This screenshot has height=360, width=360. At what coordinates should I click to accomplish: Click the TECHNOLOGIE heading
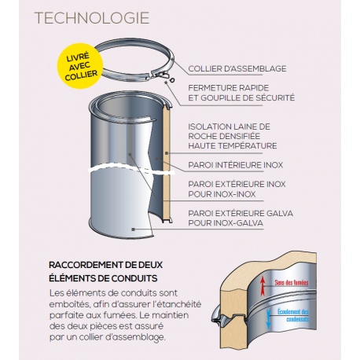[x=100, y=18]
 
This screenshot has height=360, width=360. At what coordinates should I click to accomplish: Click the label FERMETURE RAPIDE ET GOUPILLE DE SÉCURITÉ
[x=241, y=92]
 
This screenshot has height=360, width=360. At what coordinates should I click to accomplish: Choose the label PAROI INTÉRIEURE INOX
[x=235, y=165]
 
